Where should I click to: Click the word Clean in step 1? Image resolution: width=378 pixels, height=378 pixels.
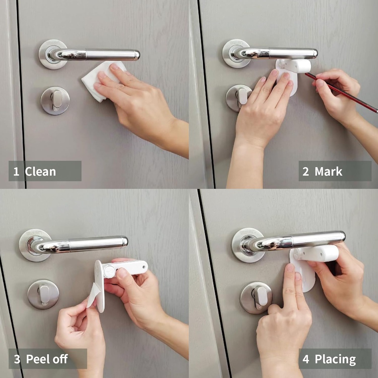tap(40, 172)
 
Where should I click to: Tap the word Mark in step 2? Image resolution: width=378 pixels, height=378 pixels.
tap(328, 172)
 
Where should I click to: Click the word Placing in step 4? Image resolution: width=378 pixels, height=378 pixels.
tap(335, 359)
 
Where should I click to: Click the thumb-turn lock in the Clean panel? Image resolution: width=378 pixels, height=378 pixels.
tap(55, 100)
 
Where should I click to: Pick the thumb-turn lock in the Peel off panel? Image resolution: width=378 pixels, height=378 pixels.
tap(43, 294)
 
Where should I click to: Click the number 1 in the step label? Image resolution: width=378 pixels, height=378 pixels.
tap(16, 172)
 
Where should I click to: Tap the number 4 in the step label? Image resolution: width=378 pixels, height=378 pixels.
tap(306, 359)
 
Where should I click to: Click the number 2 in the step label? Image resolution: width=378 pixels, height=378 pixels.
tap(306, 172)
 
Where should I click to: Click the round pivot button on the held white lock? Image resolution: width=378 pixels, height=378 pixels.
tap(109, 272)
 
